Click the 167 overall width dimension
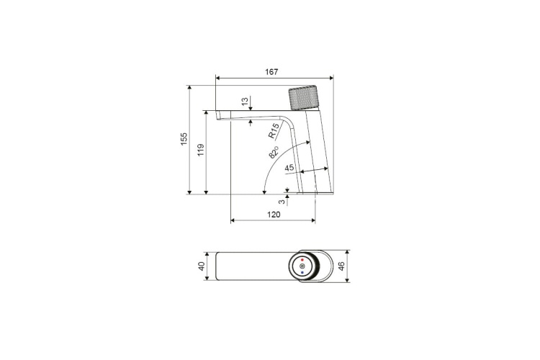coord(271,71)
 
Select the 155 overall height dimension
coord(184,138)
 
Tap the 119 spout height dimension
coord(202,150)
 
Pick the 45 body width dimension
coord(289,168)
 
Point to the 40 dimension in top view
coord(202,266)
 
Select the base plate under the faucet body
coord(325,193)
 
